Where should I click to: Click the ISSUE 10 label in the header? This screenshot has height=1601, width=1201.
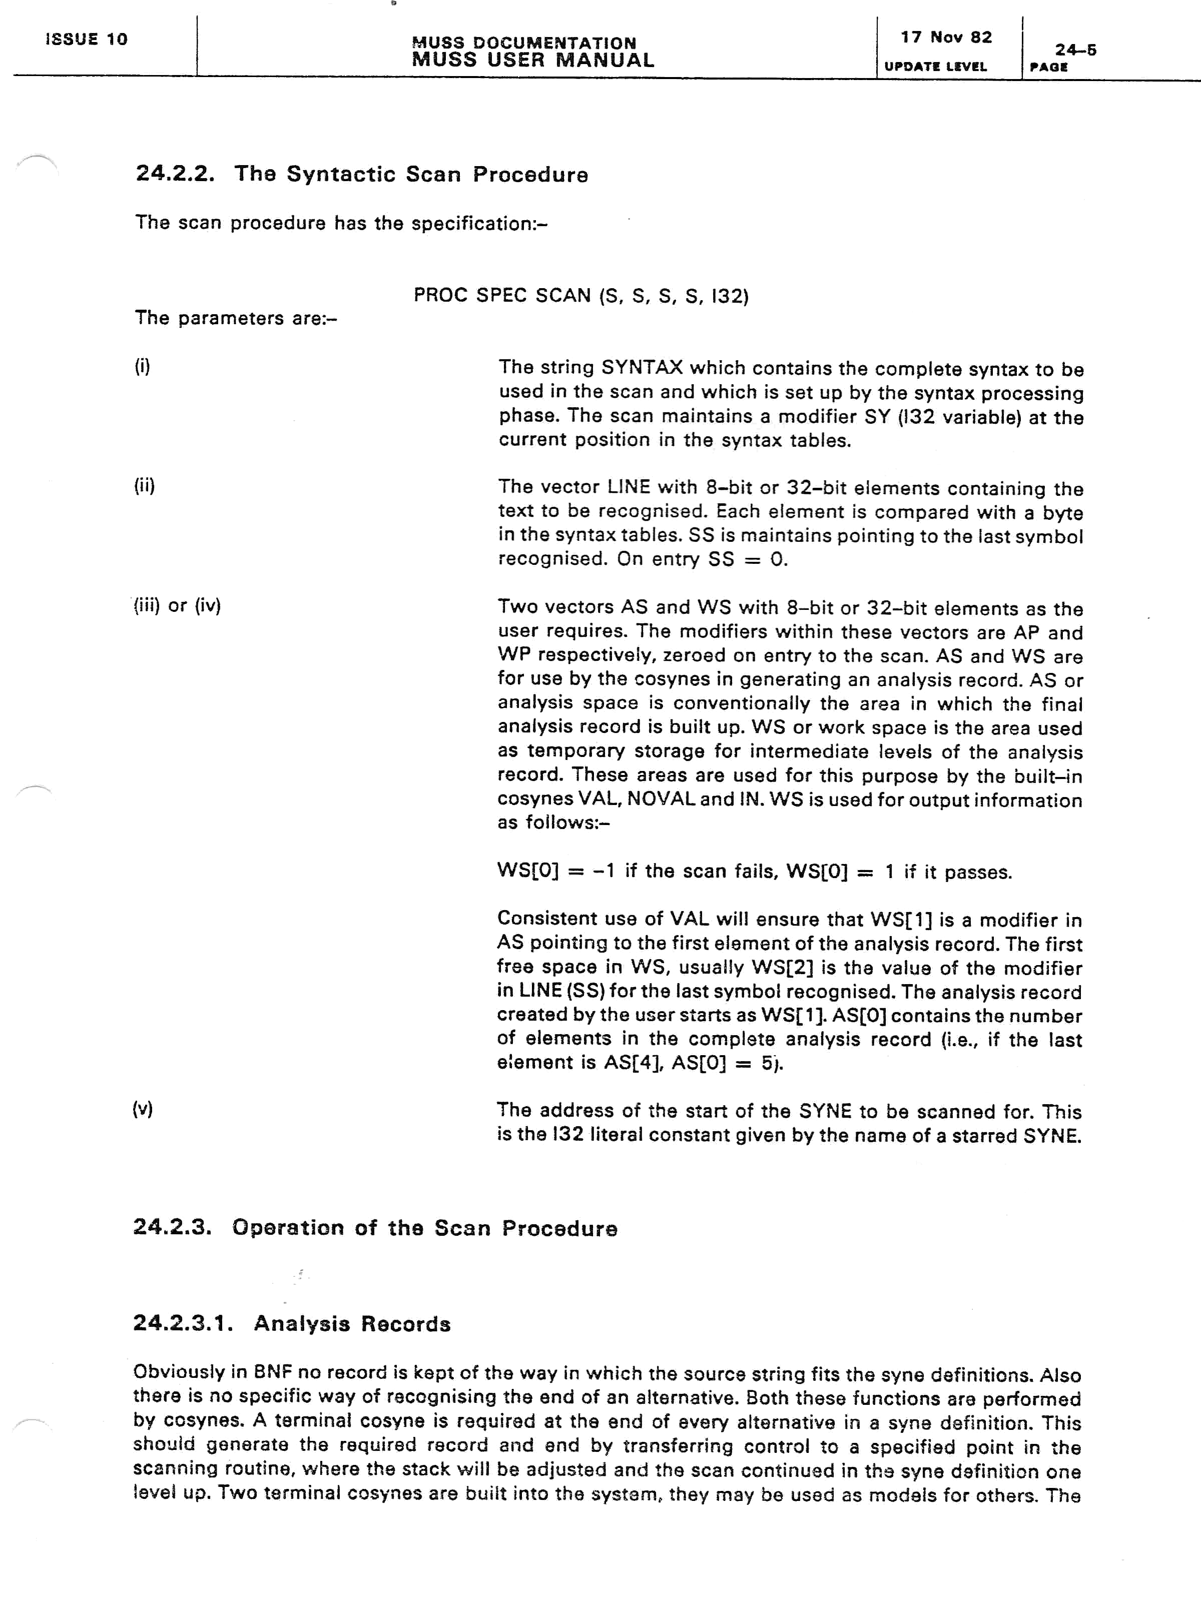tap(86, 39)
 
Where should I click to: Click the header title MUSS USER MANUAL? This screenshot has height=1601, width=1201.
tap(533, 60)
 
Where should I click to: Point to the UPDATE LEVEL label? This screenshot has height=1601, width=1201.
tap(935, 67)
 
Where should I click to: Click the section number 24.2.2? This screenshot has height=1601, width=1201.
tap(175, 174)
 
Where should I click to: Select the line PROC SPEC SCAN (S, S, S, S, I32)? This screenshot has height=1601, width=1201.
tap(580, 295)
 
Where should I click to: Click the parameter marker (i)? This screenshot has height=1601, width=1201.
tap(142, 366)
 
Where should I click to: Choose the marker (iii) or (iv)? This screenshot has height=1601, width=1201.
tap(177, 605)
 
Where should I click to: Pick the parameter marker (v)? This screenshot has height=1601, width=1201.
tap(142, 1109)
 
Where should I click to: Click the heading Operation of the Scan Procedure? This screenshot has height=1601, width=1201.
tap(424, 1228)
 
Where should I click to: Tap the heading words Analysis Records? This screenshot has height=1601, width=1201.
tap(352, 1324)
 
